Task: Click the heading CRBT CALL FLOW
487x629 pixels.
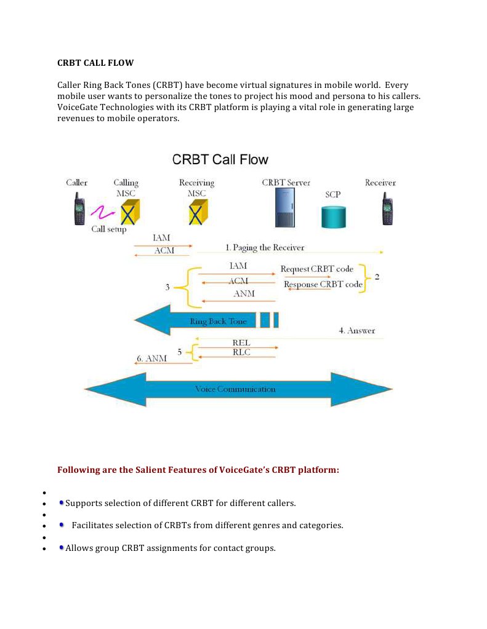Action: coord(95,63)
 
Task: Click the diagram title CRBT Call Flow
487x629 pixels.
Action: coord(220,160)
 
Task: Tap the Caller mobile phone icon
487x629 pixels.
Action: coord(79,209)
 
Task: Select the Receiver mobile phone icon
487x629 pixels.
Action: coord(387,209)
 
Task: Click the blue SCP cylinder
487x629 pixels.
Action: coord(334,217)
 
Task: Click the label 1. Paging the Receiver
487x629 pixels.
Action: coord(265,248)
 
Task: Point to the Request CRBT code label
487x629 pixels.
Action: coord(317,269)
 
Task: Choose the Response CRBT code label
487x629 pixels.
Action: coord(323,285)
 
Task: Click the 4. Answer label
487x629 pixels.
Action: coord(356,331)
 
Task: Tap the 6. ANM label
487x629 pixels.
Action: coord(151,358)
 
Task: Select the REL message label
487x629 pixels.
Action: coord(241,342)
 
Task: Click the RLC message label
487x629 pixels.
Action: coord(241,352)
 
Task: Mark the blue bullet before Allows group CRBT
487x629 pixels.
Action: coord(62,547)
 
